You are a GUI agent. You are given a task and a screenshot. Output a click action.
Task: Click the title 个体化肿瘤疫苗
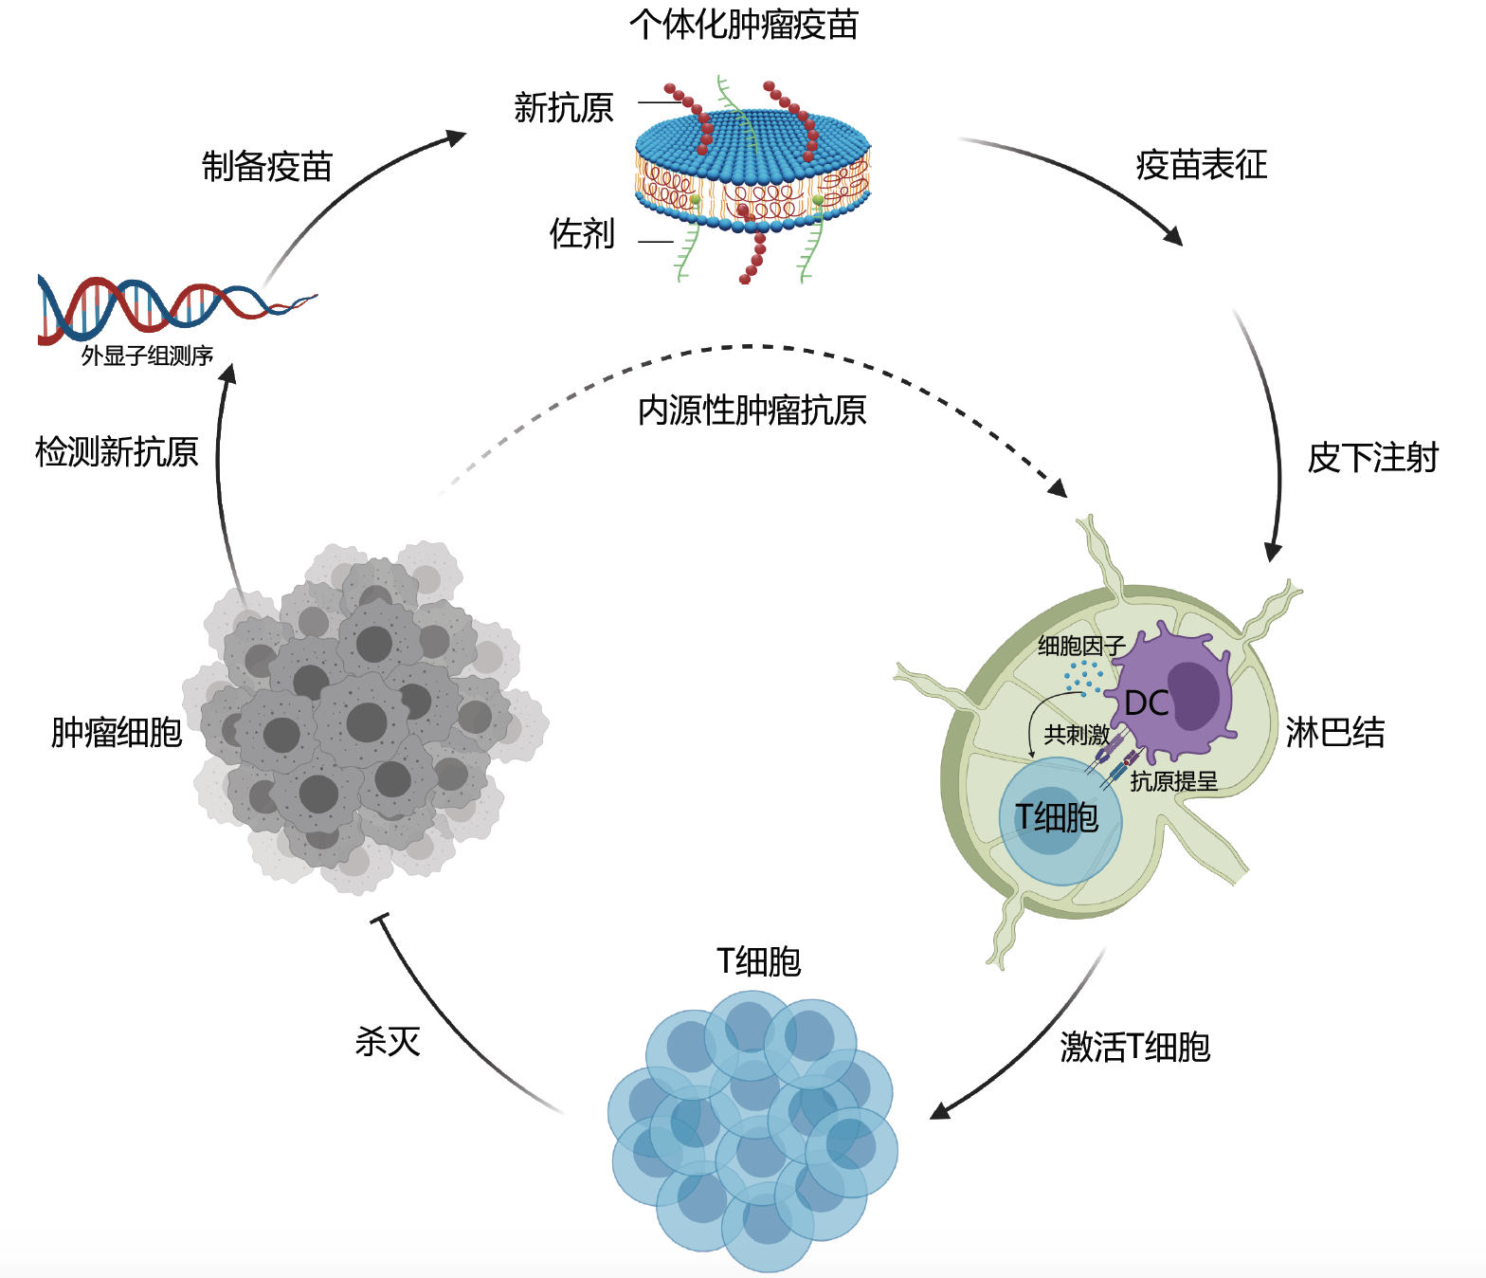744,25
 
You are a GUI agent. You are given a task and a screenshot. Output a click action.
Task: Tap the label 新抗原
564,108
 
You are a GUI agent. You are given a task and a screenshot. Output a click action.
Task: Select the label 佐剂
582,233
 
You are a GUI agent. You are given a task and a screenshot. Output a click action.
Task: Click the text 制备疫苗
267,166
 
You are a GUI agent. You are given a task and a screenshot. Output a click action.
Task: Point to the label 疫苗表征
1201,165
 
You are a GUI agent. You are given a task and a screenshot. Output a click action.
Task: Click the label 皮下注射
1373,458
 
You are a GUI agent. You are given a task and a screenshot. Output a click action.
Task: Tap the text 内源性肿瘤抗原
752,411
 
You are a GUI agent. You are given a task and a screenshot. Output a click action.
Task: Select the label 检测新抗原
117,451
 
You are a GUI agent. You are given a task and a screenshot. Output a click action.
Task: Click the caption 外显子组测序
147,356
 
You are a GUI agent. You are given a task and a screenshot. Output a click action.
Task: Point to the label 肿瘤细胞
116,732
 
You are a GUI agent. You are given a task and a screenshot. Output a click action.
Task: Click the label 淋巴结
1335,732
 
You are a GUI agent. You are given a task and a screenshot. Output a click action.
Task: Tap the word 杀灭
388,1041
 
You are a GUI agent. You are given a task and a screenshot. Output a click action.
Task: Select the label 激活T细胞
1135,1047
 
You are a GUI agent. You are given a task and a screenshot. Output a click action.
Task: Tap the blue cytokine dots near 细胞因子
1083,677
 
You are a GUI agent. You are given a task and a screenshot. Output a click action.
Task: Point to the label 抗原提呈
1173,781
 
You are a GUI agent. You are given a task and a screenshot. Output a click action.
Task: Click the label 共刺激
1077,734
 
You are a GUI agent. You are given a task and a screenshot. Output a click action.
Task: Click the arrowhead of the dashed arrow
1058,487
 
